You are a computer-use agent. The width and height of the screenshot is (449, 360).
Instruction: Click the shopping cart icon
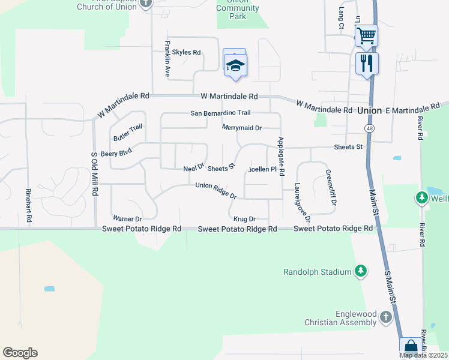pos(366,34)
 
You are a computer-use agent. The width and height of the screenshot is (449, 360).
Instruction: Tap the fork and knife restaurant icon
pos(367,63)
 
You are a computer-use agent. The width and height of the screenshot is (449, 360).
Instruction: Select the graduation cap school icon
pos(235,65)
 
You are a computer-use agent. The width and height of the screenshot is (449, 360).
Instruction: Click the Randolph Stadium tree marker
pos(361,272)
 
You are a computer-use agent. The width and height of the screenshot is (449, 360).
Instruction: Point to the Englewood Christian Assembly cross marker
pos(385,316)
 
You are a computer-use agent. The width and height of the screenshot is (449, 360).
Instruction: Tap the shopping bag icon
pos(411,347)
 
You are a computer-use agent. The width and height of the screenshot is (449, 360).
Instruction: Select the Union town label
pos(369,111)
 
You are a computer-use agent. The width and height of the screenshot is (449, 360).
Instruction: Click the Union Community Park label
pos(237,8)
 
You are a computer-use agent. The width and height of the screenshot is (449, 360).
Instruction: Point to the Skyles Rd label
pos(186,52)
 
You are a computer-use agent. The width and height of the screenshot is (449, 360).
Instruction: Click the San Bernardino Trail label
pos(220,113)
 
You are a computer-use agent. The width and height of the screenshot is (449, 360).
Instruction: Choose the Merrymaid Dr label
pos(242,128)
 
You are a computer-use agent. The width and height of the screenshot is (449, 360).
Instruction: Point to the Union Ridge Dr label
pos(216,190)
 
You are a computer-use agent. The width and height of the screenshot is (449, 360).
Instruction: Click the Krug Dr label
pos(245,219)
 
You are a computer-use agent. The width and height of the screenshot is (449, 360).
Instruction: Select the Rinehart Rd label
pos(28,206)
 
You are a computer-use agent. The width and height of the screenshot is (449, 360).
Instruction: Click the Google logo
pos(20,353)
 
